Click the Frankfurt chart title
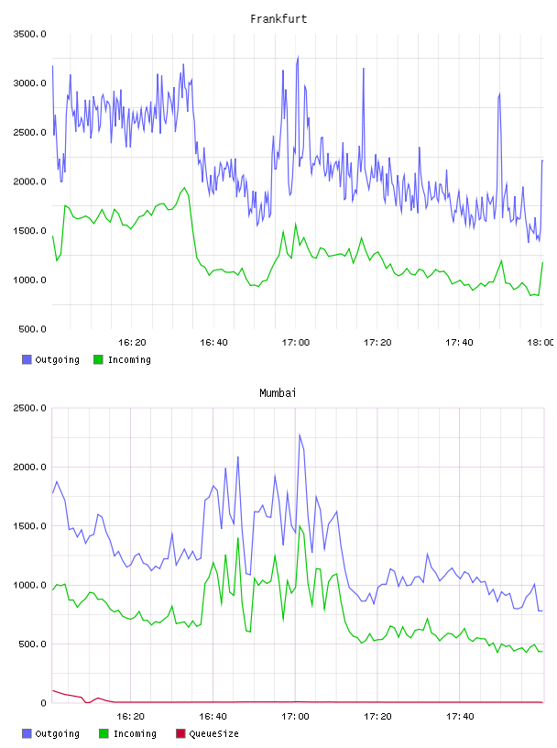278,19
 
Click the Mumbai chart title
278,393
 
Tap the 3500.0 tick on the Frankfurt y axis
29,34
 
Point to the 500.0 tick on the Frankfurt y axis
32,329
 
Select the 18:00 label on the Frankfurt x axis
541,343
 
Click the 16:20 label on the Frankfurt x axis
132,343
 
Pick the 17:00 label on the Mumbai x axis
295,717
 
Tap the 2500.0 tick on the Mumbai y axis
29,408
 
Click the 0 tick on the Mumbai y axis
43,703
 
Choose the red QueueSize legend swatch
180,733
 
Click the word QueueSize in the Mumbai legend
213,733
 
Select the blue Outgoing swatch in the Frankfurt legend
27,359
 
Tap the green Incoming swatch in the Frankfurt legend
98,359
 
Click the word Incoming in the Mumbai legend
135,733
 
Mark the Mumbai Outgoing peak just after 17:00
300,434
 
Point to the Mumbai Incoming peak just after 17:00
300,525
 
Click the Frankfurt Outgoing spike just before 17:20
364,68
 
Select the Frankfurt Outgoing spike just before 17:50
499,93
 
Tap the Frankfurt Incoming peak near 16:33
185,188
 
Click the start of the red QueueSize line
52,690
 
